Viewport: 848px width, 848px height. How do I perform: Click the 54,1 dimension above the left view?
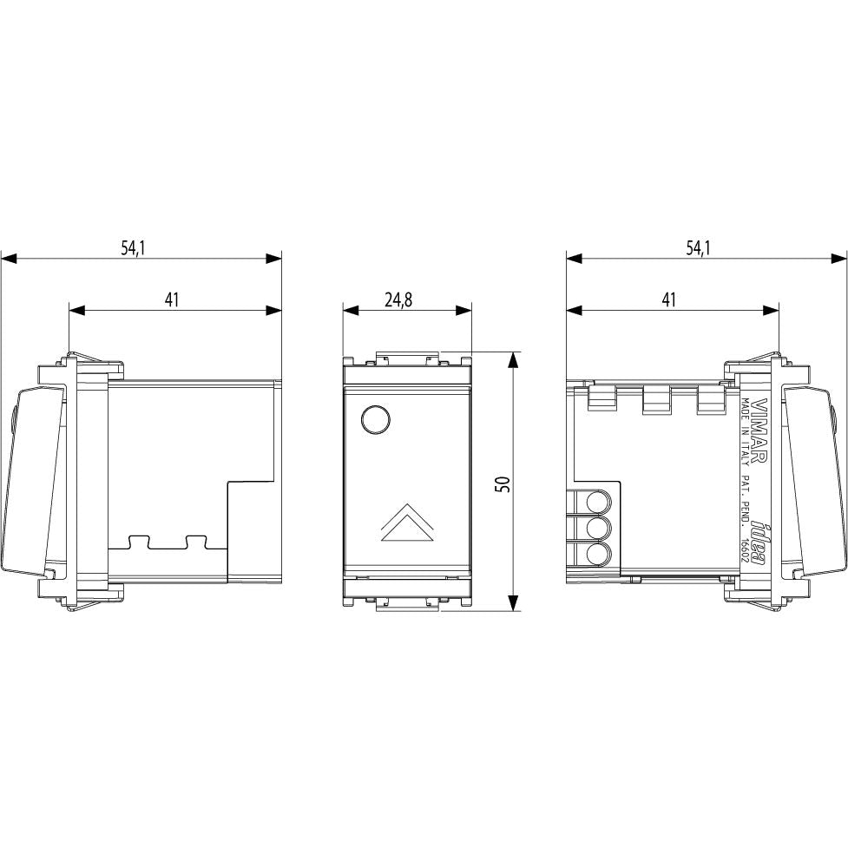[x=134, y=248]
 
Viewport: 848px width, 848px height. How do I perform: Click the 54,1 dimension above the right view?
[x=698, y=248]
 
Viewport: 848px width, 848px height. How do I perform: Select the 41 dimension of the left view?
[x=172, y=299]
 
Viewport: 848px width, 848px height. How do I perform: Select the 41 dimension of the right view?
[x=669, y=299]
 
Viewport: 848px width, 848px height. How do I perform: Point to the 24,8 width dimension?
[x=398, y=299]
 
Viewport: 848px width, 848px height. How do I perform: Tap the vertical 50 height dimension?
[x=503, y=483]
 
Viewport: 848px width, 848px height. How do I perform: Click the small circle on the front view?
[x=375, y=418]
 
